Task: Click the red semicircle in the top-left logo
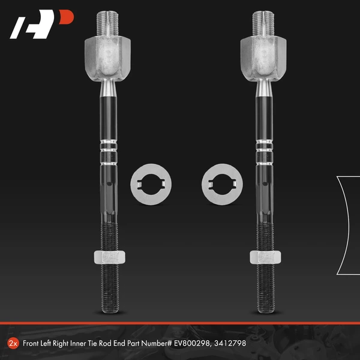click(66, 17)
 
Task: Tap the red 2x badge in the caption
click(13, 343)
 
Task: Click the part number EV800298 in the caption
click(192, 343)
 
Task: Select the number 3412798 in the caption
click(230, 343)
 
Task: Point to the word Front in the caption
click(31, 343)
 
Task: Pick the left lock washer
click(151, 184)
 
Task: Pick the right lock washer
click(222, 184)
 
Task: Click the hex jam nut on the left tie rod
click(110, 257)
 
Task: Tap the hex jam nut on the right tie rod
click(265, 257)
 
